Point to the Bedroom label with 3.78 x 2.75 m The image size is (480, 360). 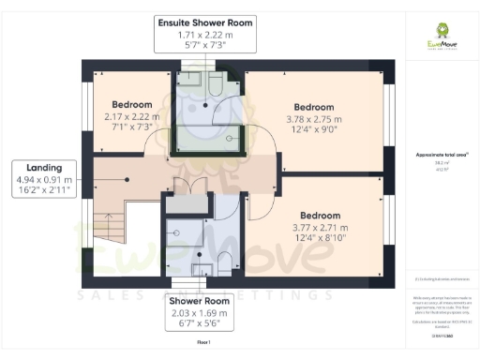314,119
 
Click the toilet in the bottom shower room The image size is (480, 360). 225,262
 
